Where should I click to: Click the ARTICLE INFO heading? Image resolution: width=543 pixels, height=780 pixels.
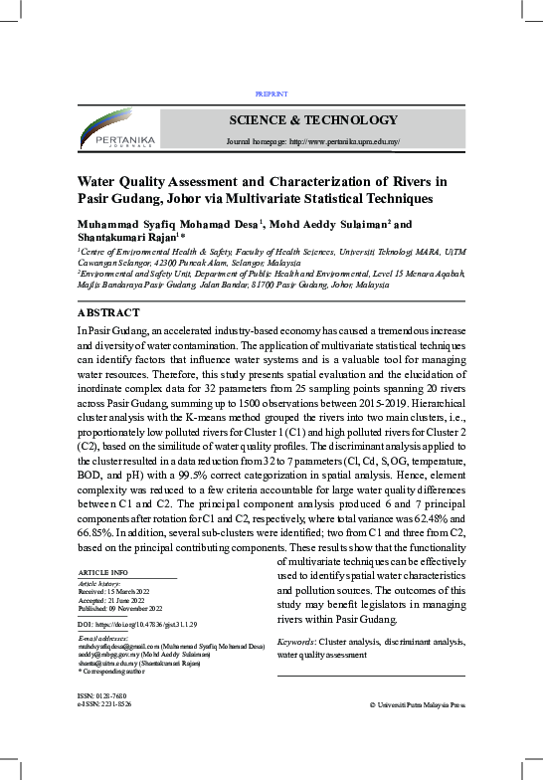102,573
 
